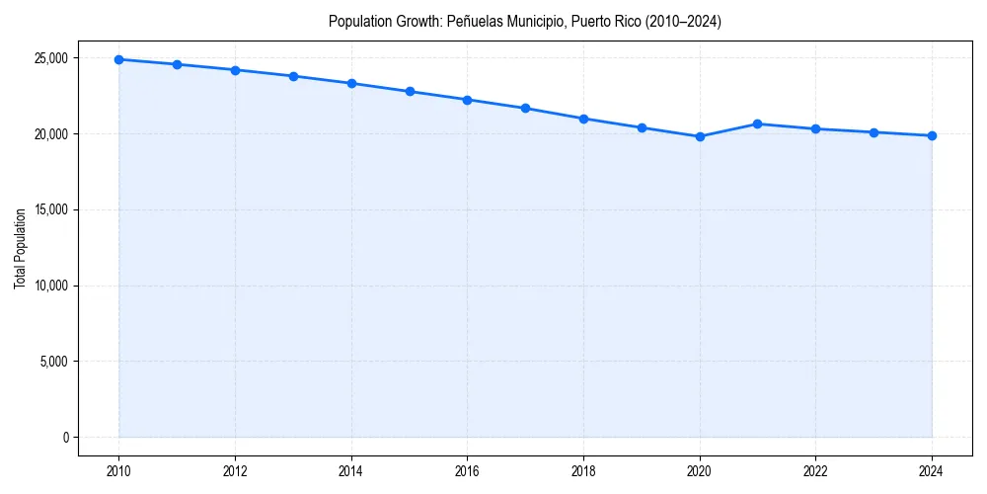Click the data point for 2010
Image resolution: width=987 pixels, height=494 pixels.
[118, 59]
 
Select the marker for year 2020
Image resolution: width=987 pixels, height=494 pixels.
[700, 136]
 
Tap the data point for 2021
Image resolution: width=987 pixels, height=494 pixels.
[758, 123]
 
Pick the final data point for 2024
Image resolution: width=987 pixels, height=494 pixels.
[932, 135]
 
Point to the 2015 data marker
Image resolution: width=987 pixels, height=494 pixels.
[410, 91]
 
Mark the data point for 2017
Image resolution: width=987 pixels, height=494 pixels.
[525, 108]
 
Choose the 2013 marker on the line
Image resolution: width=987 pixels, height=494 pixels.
[293, 76]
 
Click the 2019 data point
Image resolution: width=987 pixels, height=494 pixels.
[642, 127]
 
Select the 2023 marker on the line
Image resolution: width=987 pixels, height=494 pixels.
[873, 132]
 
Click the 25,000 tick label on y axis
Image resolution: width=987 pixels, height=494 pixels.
[49, 58]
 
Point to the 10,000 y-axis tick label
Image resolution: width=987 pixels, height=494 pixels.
[49, 286]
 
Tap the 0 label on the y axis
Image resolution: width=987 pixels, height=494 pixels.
[64, 438]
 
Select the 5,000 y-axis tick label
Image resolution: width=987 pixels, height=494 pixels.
[52, 362]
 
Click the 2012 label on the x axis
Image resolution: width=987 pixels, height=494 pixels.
[235, 471]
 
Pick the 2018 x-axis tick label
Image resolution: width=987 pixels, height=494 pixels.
[583, 471]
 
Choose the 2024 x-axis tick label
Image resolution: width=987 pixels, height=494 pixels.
[932, 471]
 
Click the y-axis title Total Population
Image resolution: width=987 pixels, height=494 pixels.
[20, 248]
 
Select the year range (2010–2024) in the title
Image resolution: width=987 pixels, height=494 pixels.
[678, 22]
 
